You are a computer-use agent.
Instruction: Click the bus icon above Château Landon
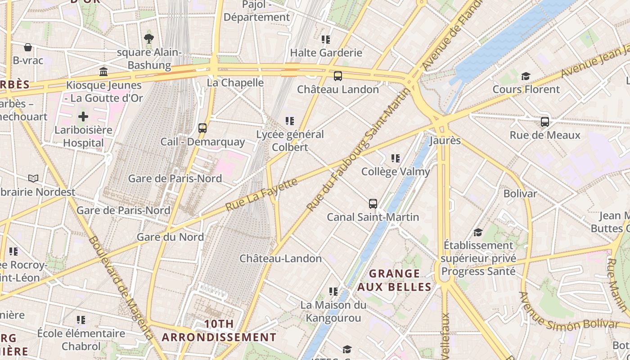(x=338, y=76)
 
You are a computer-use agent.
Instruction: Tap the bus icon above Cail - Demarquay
(x=202, y=128)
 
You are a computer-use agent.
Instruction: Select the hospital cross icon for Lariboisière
(x=83, y=117)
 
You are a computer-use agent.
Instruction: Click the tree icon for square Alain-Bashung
(x=149, y=39)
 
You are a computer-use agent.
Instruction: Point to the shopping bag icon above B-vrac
(x=28, y=47)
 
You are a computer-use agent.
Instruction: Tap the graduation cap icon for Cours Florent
(x=526, y=76)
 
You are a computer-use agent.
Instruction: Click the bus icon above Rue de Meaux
(x=545, y=122)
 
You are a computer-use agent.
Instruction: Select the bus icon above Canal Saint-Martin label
(x=373, y=204)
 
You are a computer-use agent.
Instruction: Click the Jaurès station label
(x=445, y=140)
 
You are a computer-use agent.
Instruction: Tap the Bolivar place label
(x=520, y=193)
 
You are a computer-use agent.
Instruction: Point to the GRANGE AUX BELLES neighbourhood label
(x=395, y=280)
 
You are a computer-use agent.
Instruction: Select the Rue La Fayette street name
(x=261, y=194)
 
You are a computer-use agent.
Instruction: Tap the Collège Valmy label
(x=396, y=171)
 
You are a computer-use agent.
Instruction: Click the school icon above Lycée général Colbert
(x=290, y=121)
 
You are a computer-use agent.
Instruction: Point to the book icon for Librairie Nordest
(x=33, y=178)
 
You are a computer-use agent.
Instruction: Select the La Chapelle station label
(x=235, y=82)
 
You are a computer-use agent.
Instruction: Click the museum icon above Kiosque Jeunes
(x=103, y=72)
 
